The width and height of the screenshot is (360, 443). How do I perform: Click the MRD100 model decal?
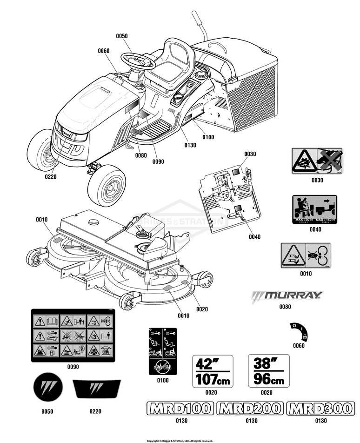[180, 409]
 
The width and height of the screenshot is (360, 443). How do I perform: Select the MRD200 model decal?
[250, 409]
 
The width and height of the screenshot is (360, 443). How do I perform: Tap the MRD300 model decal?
[320, 409]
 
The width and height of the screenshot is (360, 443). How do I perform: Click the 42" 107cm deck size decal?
[213, 371]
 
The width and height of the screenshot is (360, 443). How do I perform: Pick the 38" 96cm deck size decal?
[269, 371]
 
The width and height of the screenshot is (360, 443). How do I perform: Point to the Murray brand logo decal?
[287, 295]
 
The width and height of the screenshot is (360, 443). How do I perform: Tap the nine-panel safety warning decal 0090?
[73, 336]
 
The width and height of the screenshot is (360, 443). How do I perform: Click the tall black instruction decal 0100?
[163, 351]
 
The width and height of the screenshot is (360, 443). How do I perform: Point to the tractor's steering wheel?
[138, 61]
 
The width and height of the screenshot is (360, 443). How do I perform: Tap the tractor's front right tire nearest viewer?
[107, 185]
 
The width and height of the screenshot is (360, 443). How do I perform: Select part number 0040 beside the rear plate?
[254, 236]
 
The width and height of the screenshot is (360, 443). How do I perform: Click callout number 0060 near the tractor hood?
[103, 51]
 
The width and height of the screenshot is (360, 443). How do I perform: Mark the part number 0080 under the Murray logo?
[285, 307]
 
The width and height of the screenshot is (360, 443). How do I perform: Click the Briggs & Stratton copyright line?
[180, 440]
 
